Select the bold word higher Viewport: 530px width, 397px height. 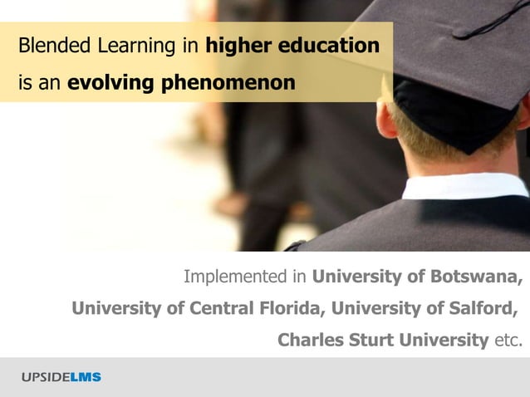(x=235, y=45)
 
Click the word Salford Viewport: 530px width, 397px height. (x=481, y=308)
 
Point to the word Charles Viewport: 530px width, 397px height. (x=308, y=340)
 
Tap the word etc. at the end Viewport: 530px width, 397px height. (x=508, y=340)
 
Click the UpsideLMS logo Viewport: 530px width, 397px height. (x=61, y=377)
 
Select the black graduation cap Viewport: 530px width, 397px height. (x=449, y=58)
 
